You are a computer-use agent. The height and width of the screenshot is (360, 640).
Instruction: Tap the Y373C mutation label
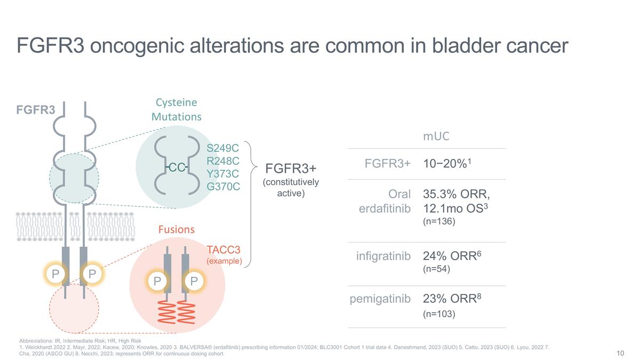point(222,173)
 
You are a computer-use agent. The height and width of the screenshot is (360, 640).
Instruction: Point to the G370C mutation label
point(223,187)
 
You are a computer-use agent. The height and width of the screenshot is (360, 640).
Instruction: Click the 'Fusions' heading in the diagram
point(177,229)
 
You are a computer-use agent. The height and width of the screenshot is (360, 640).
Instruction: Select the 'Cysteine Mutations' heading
point(177,109)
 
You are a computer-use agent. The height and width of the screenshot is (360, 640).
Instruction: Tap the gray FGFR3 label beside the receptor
point(35,110)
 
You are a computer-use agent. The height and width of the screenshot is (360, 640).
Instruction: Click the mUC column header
point(436,136)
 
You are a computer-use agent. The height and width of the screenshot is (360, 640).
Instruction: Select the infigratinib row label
point(383,257)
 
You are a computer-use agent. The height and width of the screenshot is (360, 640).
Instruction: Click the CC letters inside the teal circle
point(177,167)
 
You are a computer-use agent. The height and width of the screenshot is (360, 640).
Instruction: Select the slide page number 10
point(620,353)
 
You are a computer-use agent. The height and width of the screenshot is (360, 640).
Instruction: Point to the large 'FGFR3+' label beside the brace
point(291,169)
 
